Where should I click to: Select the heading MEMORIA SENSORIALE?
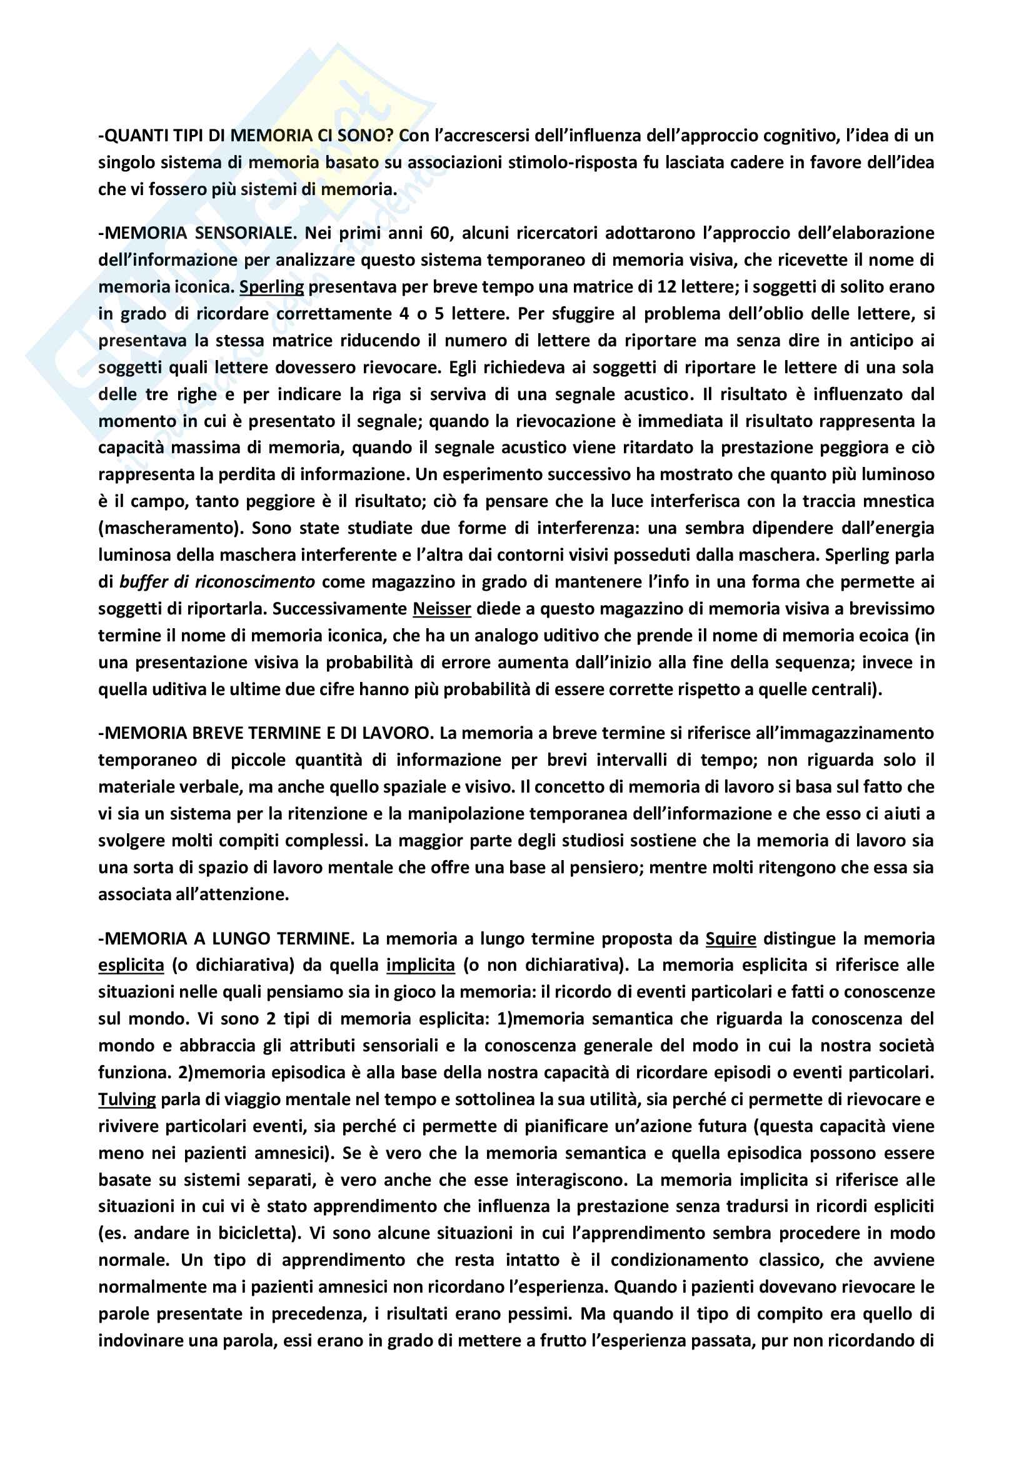click(198, 233)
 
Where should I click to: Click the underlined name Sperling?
click(272, 287)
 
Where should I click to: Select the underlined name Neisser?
click(442, 609)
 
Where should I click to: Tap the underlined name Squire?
click(730, 939)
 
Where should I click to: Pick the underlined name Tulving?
click(127, 1099)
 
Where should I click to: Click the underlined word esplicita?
click(131, 965)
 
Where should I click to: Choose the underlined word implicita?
click(420, 965)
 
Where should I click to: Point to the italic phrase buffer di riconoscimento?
click(217, 582)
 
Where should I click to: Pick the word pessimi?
click(540, 1314)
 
